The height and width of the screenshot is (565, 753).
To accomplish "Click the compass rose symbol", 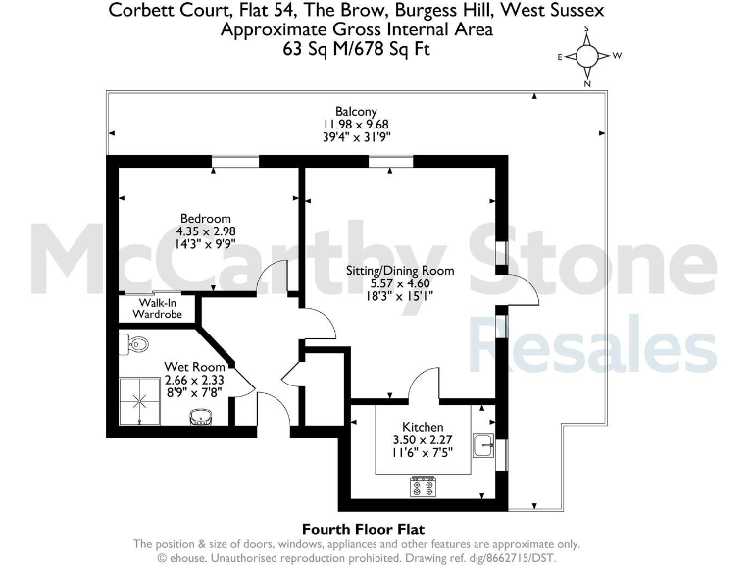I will click(586, 57).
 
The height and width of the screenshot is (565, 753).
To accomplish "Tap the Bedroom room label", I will click(205, 218).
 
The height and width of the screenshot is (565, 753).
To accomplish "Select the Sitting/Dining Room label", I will click(400, 270).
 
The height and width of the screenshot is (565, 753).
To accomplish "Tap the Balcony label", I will click(356, 112).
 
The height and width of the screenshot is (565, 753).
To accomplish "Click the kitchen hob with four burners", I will click(423, 485).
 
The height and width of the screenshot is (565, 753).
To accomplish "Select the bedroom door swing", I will click(272, 280).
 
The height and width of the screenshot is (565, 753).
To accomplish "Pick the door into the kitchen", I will click(425, 385).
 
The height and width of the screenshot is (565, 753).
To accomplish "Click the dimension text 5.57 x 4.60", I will click(400, 282).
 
